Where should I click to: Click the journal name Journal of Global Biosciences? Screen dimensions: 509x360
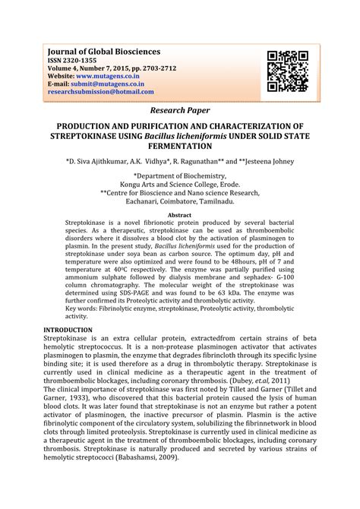[x=104, y=52]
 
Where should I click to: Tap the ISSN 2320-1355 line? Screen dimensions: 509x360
[x=74, y=60]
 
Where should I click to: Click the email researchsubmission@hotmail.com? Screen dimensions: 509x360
[x=101, y=92]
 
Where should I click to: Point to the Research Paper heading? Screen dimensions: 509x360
[x=179, y=111]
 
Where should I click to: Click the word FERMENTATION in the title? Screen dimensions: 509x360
[x=179, y=145]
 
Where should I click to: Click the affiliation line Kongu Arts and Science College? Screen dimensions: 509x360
[x=179, y=184]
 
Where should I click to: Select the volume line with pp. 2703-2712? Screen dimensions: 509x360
[x=112, y=68]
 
